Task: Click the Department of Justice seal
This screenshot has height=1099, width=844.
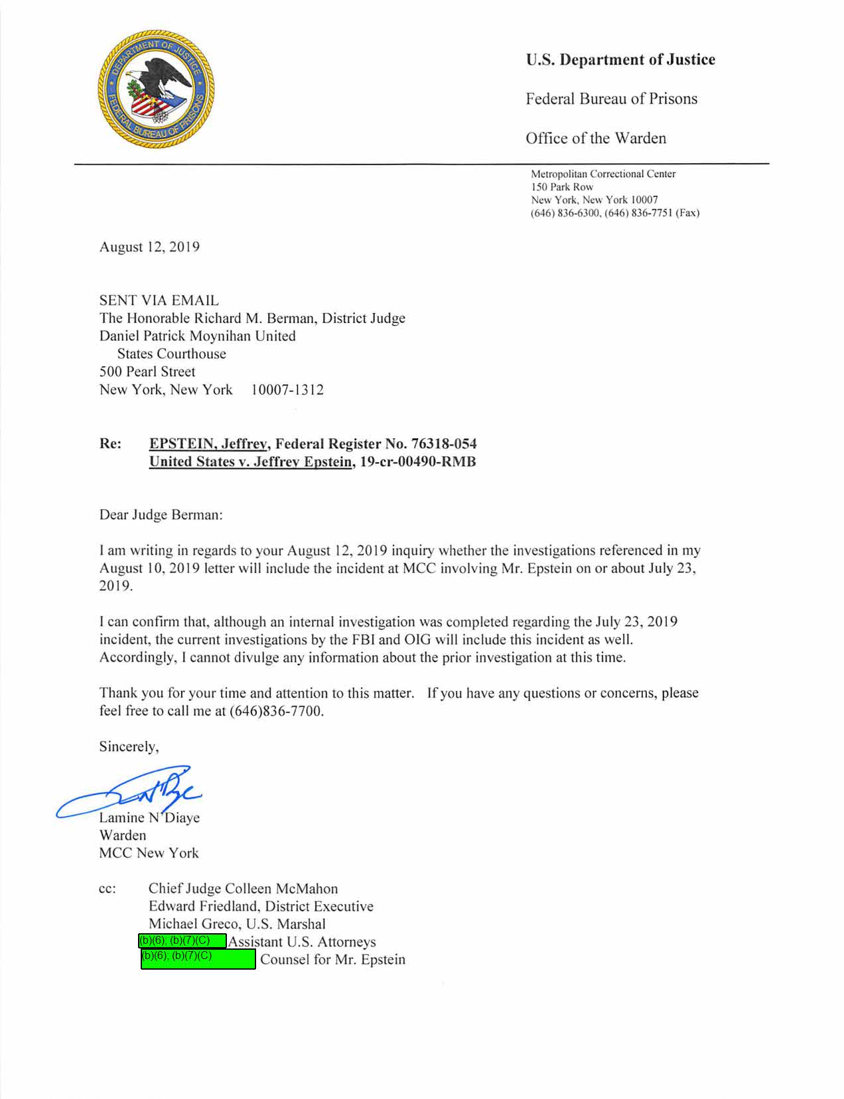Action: click(x=156, y=89)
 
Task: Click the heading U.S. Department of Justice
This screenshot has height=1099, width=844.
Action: click(x=620, y=60)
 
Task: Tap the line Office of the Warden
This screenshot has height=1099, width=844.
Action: click(x=596, y=138)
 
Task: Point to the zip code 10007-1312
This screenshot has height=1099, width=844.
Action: click(x=287, y=389)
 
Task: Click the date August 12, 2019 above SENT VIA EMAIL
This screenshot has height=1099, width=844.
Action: click(x=149, y=247)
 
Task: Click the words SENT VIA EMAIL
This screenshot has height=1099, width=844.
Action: click(x=159, y=300)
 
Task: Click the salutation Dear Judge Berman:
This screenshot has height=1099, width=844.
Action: click(x=161, y=515)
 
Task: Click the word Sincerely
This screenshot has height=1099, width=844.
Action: click(x=129, y=746)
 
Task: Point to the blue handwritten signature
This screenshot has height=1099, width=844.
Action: click(x=133, y=793)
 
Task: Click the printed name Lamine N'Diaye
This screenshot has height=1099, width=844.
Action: click(x=149, y=817)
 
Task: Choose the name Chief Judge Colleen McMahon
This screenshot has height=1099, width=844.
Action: click(x=243, y=888)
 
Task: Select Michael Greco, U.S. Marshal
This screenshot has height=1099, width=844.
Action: click(x=237, y=924)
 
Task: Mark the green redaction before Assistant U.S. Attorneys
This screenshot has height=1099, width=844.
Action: click(x=182, y=941)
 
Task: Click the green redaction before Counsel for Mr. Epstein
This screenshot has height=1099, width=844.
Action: click(x=198, y=959)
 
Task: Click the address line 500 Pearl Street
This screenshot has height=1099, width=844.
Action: click(x=147, y=371)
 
